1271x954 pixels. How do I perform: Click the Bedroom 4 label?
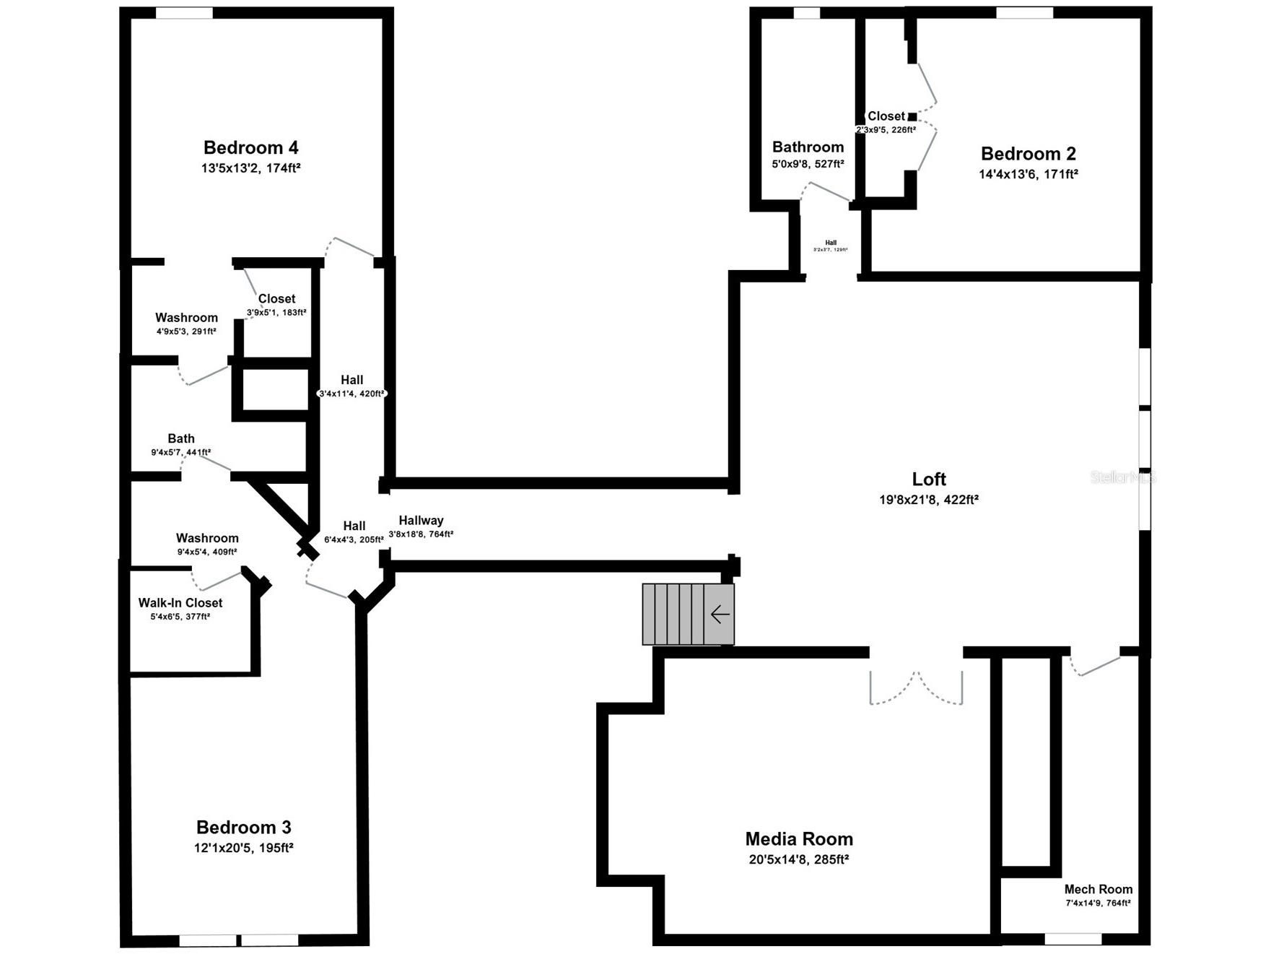[x=250, y=148]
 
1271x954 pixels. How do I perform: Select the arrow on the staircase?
[x=720, y=615]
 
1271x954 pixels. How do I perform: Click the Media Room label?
[x=799, y=839]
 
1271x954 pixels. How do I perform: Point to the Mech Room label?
[x=1098, y=889]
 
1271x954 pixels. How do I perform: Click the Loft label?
[x=929, y=480]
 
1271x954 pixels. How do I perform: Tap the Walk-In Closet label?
[x=180, y=603]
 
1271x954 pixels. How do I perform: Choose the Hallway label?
[x=421, y=521]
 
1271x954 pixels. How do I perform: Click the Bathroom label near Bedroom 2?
[x=808, y=147]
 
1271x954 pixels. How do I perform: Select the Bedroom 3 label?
[x=243, y=828]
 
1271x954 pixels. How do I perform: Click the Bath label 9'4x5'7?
[x=181, y=438]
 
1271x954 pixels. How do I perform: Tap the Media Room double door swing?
[x=916, y=690]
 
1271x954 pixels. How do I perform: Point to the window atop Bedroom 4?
[x=184, y=13]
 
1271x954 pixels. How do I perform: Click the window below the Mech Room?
[x=1073, y=939]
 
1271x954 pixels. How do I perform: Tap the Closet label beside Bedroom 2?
[x=886, y=116]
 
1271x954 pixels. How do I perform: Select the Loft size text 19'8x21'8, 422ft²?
[x=928, y=500]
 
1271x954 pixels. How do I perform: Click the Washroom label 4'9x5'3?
[x=186, y=318]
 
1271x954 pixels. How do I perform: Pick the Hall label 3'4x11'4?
[x=352, y=380]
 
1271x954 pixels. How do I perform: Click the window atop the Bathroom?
[x=806, y=13]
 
